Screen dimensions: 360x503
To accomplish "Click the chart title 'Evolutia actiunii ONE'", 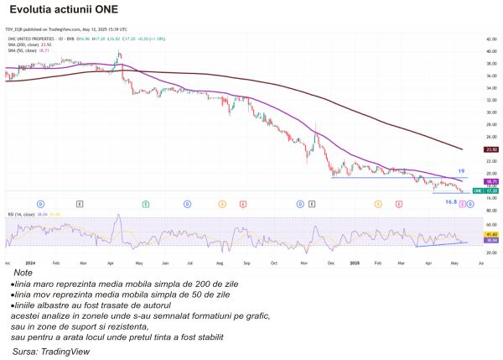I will [x=63, y=11].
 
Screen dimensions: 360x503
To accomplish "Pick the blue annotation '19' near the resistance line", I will [x=461, y=171].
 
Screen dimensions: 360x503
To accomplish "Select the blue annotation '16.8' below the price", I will [x=450, y=201].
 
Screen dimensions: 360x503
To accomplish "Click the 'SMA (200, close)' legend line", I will [x=23, y=45].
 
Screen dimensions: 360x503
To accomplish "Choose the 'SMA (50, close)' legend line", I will [x=22, y=50].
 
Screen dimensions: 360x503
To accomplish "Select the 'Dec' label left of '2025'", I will [x=330, y=262].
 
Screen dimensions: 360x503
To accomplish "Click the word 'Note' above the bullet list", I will [x=23, y=273].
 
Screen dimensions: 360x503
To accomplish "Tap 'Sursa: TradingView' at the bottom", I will [x=49, y=352].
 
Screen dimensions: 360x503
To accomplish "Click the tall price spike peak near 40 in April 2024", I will [x=119, y=53].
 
